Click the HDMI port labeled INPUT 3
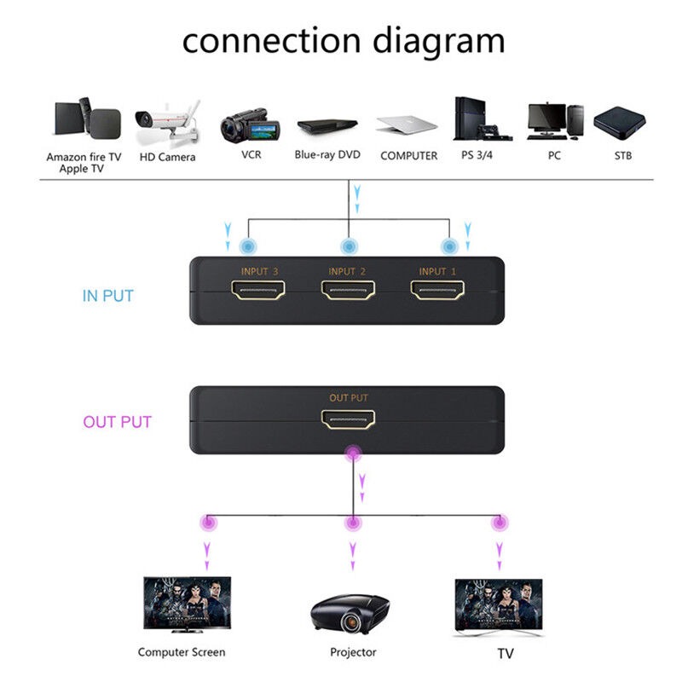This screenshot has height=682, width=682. tap(258, 290)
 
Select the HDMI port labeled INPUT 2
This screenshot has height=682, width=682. tap(348, 290)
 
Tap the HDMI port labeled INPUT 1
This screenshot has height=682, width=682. tap(437, 290)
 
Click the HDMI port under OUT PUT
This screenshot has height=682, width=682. tap(348, 419)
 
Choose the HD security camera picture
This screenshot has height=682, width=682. tap(168, 123)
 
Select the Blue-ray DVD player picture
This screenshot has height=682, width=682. tap(327, 125)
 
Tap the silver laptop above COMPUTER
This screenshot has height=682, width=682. tap(407, 124)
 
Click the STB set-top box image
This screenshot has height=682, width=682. tap(620, 123)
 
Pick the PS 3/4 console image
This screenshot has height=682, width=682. tap(482, 118)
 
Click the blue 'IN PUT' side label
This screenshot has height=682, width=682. tap(108, 296)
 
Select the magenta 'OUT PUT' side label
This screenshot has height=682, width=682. tap(117, 422)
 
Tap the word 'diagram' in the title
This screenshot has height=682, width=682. tap(439, 42)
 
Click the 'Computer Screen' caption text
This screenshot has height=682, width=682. tap(182, 652)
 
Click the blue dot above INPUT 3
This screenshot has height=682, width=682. tap(248, 246)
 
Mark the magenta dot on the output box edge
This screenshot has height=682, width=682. tap(353, 454)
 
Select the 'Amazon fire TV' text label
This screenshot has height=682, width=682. tap(84, 157)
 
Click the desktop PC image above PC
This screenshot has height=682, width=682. tap(556, 121)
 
